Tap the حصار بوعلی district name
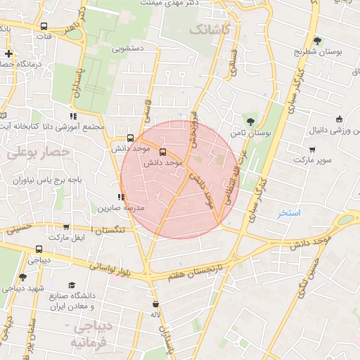coord(38,151)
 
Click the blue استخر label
coord(289,212)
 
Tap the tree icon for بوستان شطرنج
coord(317,41)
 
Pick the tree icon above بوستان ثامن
coord(251,121)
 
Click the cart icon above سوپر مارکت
coord(312,150)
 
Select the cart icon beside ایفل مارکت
coord(66,227)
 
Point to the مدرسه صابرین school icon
coord(122,197)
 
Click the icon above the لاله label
coord(155,304)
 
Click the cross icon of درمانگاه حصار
coord(8,53)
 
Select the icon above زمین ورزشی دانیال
coord(340,119)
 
